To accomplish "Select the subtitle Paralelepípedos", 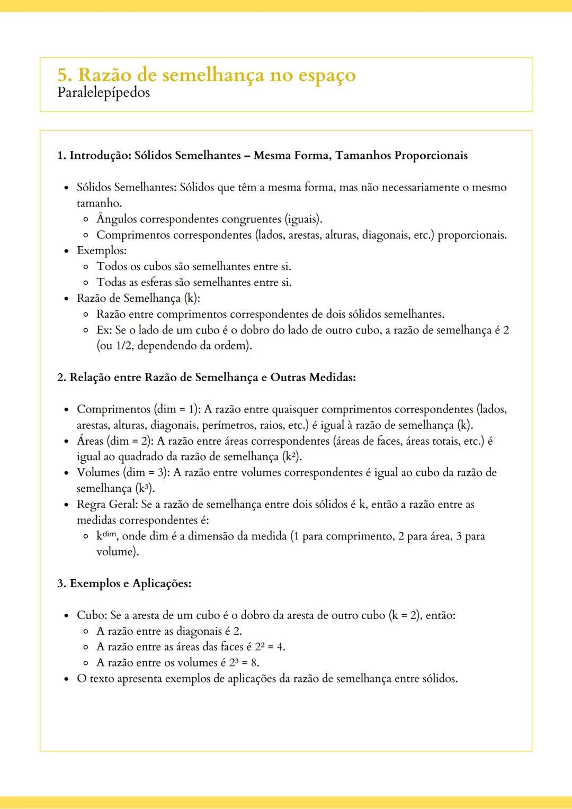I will point(103,93).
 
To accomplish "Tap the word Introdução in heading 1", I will point(100,156).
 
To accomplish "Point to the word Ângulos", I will point(117,219).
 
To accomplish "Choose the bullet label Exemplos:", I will point(102,250).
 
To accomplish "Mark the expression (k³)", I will point(145,488).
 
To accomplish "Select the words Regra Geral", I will point(107,504).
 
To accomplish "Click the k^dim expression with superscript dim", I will point(106,536).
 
